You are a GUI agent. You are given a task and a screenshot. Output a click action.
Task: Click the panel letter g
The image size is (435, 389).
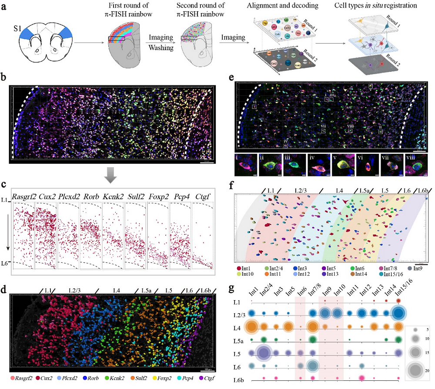click(x=232, y=288)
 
